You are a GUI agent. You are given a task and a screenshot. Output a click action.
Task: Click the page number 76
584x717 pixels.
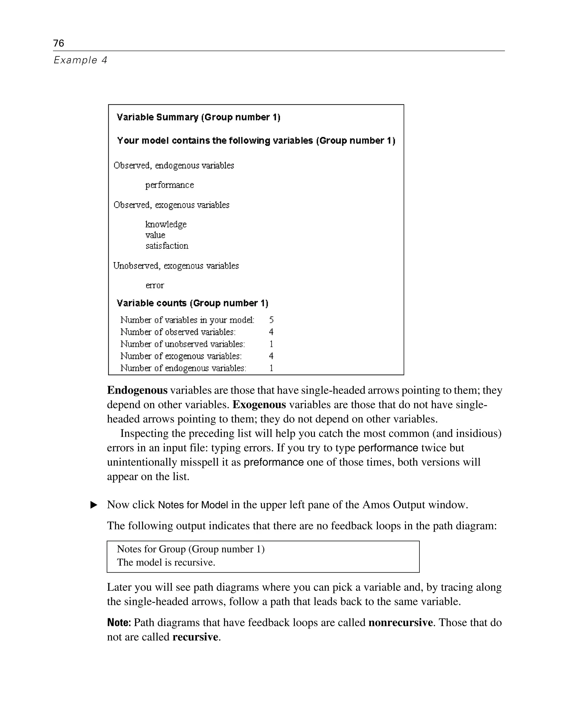pos(58,43)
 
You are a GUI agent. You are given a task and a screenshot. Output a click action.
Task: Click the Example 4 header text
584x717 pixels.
pos(80,60)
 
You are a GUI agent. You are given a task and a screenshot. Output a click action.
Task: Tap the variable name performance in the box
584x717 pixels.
pos(170,185)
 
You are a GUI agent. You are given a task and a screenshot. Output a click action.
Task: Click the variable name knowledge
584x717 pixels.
pos(166,224)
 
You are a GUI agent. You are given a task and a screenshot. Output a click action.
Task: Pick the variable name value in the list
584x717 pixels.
pos(155,235)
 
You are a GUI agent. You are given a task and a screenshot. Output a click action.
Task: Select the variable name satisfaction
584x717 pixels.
pos(167,246)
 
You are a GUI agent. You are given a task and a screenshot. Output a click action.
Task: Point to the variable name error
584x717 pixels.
pos(155,285)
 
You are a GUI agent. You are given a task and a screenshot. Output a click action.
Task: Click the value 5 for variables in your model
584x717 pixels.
pos(271,320)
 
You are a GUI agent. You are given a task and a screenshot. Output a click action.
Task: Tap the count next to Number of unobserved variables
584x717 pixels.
pos(271,344)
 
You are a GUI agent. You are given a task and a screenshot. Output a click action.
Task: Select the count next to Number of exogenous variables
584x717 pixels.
pos(271,356)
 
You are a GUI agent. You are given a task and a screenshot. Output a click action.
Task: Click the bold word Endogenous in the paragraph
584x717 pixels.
pos(137,390)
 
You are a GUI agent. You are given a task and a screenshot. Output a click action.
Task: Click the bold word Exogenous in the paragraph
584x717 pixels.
pos(259,404)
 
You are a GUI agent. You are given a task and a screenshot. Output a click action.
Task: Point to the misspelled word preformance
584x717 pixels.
pos(273,462)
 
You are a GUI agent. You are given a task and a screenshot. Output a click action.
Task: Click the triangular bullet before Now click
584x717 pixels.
pos(94,505)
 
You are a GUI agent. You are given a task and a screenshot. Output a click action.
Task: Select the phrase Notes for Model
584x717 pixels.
pos(193,505)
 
